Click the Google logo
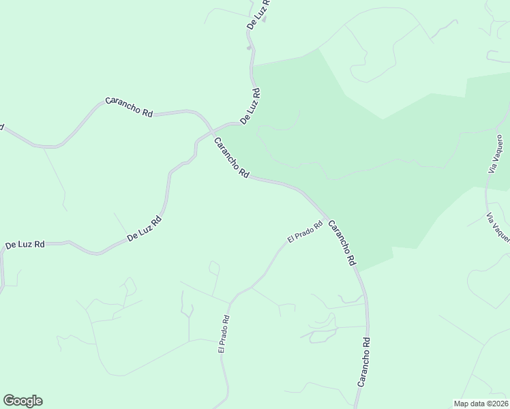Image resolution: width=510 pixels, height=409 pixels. pyautogui.click(x=22, y=401)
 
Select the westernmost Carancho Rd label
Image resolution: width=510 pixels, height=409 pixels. pyautogui.click(x=129, y=107)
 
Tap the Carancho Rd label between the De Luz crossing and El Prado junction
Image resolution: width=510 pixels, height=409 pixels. pyautogui.click(x=231, y=158)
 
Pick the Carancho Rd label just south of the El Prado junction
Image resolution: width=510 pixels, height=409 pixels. pyautogui.click(x=342, y=243)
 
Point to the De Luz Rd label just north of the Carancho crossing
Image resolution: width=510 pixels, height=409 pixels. pyautogui.click(x=249, y=106)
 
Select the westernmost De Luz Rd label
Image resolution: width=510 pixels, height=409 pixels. pyautogui.click(x=25, y=244)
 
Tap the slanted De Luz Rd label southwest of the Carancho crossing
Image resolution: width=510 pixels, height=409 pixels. pyautogui.click(x=145, y=230)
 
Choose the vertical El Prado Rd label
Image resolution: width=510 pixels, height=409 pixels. pyautogui.click(x=224, y=333)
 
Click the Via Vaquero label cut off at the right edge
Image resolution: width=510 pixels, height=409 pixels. pyautogui.click(x=498, y=228)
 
